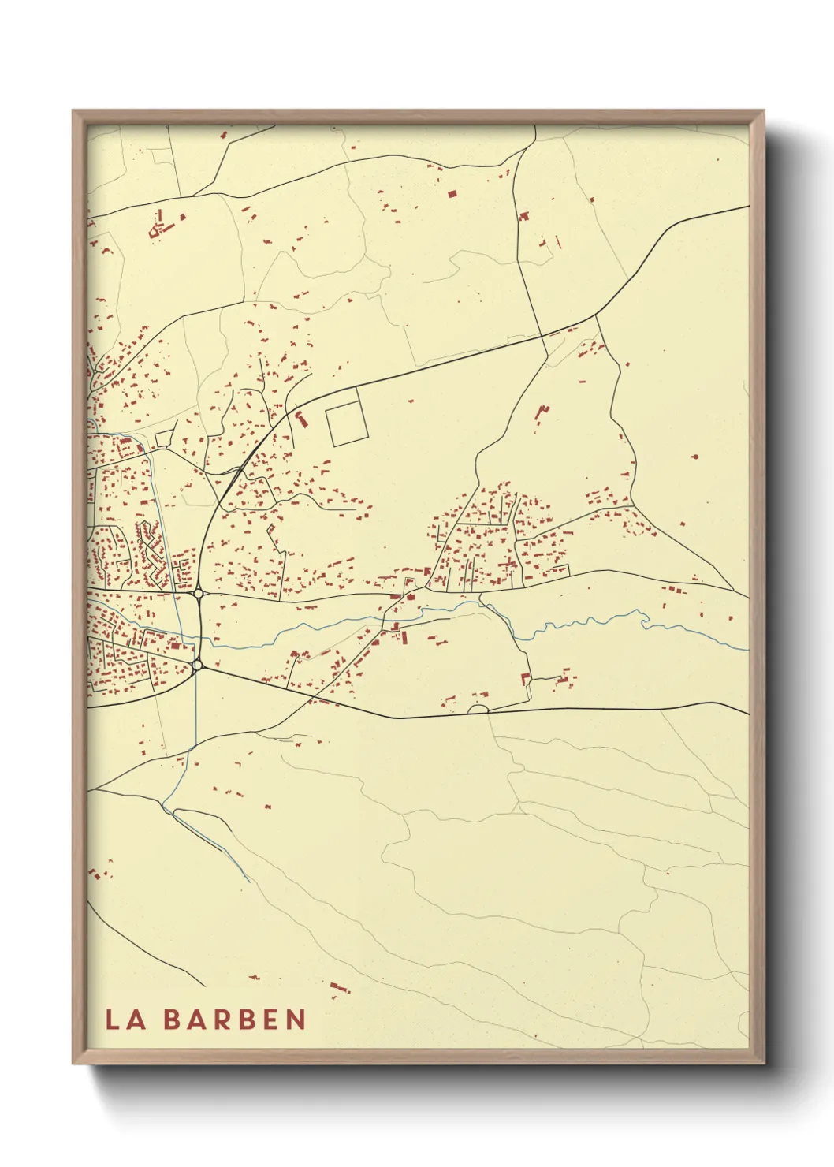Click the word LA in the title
click(x=125, y=1020)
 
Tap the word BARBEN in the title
click(x=234, y=1020)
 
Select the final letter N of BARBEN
click(x=296, y=1020)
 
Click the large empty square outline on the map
click(x=347, y=424)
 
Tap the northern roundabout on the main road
click(x=198, y=593)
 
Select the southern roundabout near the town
click(x=197, y=666)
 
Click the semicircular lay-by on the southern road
click(x=478, y=709)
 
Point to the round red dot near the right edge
click(x=694, y=456)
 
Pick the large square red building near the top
click(x=452, y=193)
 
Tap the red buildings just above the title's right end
click(x=337, y=987)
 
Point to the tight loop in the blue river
click(x=646, y=623)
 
